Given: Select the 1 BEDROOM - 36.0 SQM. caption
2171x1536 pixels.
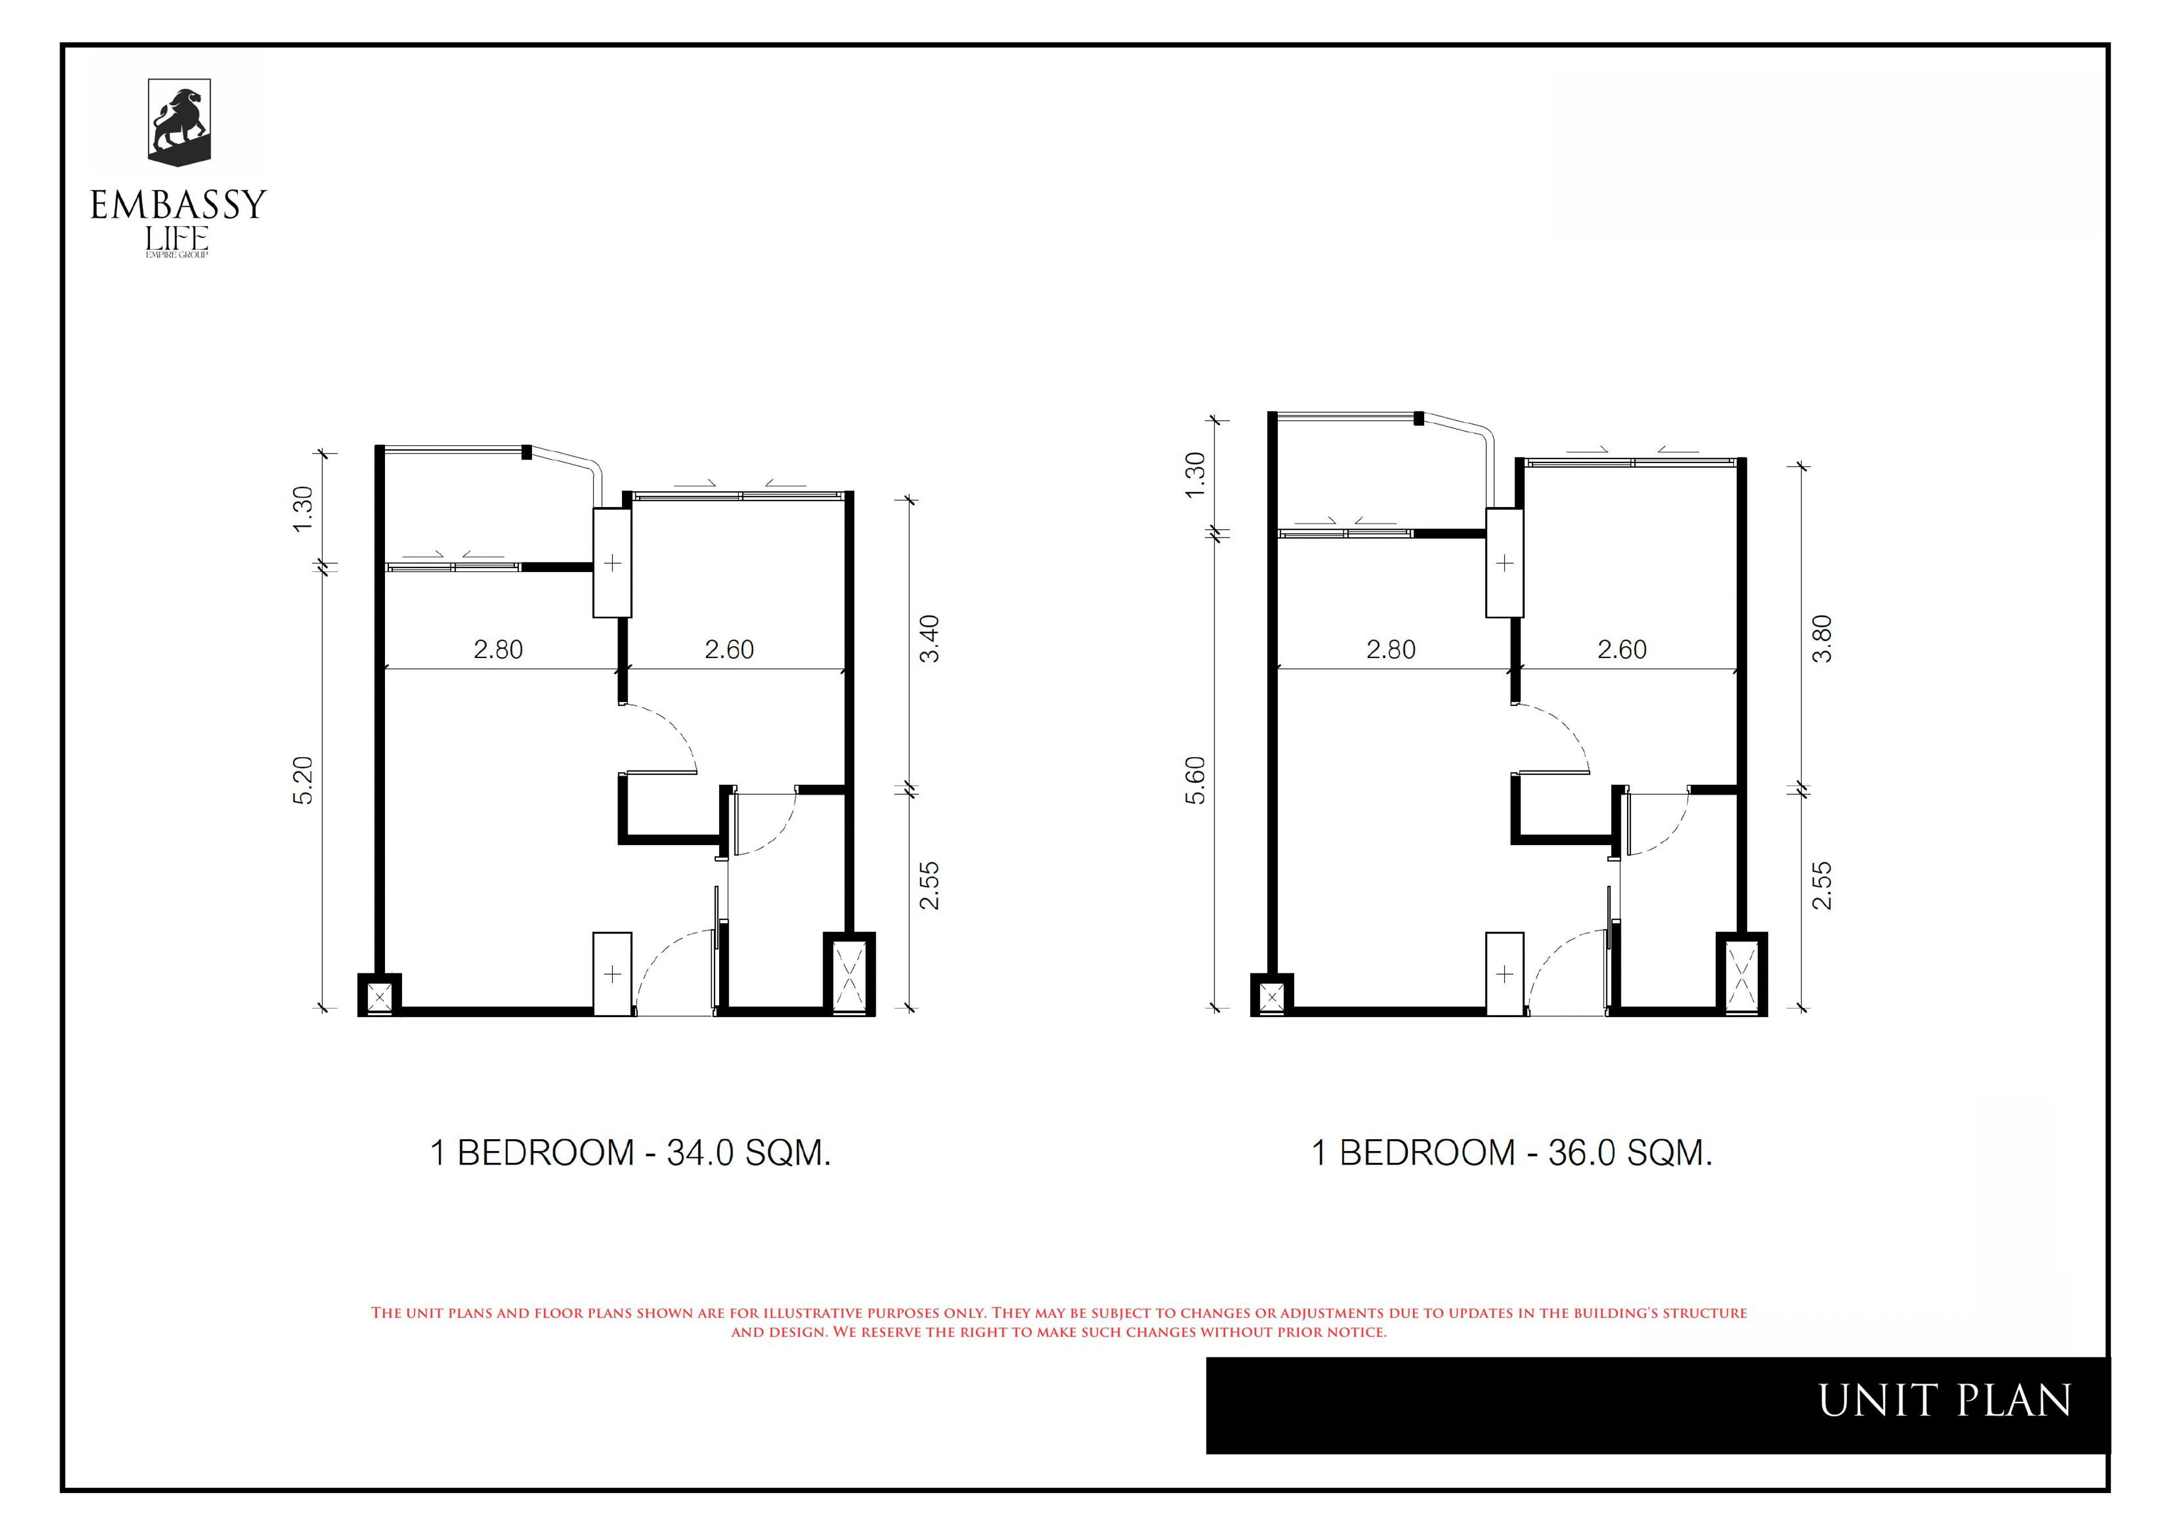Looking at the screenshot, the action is click(1512, 1153).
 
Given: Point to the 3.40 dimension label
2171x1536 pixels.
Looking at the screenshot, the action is click(930, 639).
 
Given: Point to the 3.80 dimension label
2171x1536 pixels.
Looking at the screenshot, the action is click(1822, 639).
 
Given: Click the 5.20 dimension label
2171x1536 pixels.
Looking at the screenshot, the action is click(302, 781).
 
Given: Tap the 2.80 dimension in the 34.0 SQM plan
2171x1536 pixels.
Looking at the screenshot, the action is click(499, 650).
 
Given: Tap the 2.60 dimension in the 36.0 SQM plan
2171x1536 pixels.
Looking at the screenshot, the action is click(1623, 650).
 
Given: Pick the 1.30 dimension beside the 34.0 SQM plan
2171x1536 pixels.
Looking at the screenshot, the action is click(302, 509).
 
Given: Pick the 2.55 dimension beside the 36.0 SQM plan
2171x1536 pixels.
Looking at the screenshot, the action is click(1822, 885).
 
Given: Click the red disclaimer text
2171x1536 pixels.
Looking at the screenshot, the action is click(1058, 1322).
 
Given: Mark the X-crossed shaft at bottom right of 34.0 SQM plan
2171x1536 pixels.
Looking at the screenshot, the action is click(850, 974).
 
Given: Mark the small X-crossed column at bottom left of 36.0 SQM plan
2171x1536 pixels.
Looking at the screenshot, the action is click(1272, 995).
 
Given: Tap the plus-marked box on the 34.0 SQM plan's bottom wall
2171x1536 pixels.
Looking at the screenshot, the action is click(612, 974).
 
